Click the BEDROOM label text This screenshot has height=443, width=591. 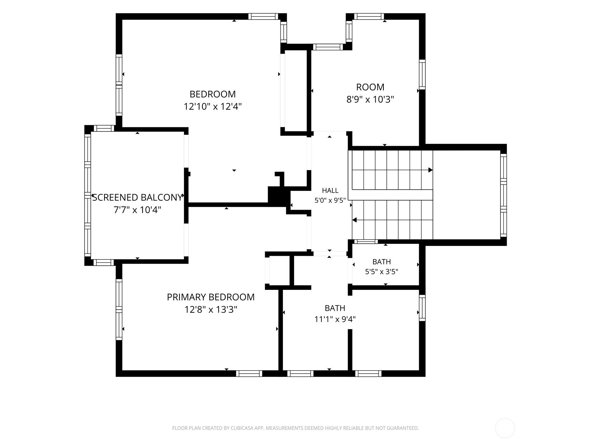click(x=212, y=94)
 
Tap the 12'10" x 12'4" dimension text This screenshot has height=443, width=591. click(x=212, y=107)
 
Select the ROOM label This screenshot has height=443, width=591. click(x=370, y=87)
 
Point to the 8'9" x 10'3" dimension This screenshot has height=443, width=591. click(x=370, y=100)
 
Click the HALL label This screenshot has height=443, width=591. click(x=330, y=190)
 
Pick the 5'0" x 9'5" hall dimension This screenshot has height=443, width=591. click(x=330, y=200)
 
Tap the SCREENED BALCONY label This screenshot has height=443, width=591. click(x=137, y=198)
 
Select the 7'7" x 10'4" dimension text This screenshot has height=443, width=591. click(x=137, y=210)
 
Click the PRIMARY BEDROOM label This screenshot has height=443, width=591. click(x=211, y=297)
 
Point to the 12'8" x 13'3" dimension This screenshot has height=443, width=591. click(x=211, y=310)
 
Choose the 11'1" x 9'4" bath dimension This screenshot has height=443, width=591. click(x=335, y=319)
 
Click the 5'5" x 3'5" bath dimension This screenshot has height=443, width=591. click(x=382, y=272)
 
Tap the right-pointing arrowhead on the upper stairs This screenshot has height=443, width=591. click(x=430, y=170)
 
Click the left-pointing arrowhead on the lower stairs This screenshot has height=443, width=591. click(x=354, y=220)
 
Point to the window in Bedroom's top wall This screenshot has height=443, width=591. click(x=263, y=16)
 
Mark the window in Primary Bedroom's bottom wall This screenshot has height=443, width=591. click(x=249, y=373)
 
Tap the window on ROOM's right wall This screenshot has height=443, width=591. click(x=422, y=75)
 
